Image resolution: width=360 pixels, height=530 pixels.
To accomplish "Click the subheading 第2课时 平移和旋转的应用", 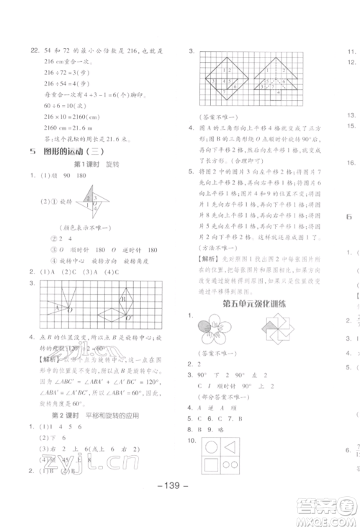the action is [x=89, y=416].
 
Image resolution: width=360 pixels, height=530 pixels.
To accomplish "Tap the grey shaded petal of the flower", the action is [x=202, y=331].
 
